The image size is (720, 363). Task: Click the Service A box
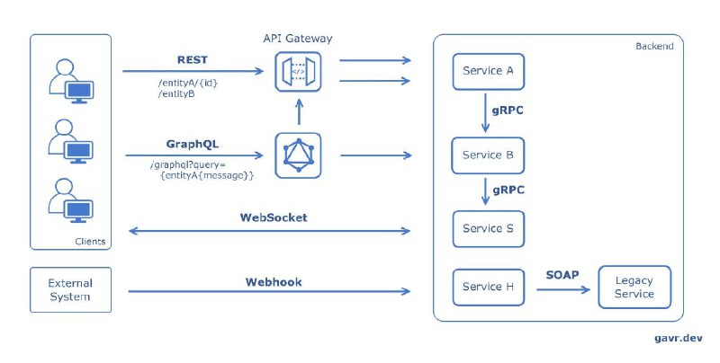point(488,72)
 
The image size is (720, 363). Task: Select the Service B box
point(488,155)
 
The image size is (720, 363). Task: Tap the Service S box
point(488,229)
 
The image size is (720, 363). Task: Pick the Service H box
point(488,287)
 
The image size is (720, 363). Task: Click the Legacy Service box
point(634,287)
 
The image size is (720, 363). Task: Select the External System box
point(71,289)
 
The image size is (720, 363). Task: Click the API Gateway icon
point(298,72)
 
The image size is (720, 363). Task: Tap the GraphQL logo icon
point(298,155)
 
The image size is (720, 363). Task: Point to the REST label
point(193,59)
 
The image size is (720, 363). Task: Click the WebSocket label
point(274,217)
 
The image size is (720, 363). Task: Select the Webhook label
point(274,282)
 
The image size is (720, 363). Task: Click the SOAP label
point(562,275)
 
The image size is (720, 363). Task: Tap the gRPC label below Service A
point(508,111)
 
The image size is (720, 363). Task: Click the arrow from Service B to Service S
point(485,191)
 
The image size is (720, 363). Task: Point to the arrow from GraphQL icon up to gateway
point(299,111)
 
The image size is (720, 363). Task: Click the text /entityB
point(176,94)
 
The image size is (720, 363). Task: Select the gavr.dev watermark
point(679,338)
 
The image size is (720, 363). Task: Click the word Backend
point(654,47)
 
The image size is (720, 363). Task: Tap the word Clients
point(90,242)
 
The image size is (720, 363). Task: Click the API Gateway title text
point(298,38)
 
